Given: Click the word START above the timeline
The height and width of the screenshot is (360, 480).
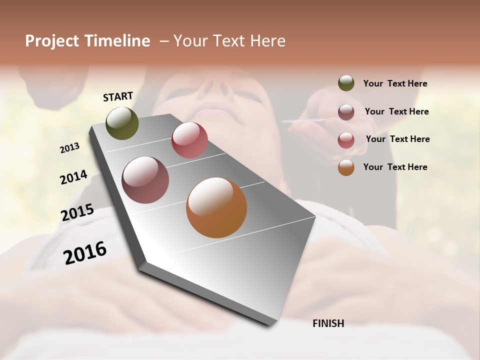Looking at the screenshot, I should [118, 96].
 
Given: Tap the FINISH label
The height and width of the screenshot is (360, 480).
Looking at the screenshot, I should [328, 323].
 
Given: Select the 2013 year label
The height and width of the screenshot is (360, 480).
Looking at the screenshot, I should [70, 148].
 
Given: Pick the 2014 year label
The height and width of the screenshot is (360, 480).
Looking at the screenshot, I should [73, 177].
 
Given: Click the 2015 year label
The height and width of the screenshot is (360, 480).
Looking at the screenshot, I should [77, 212].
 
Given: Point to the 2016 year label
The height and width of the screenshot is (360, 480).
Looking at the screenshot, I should [85, 253].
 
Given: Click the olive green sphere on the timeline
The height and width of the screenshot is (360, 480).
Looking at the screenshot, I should [122, 123].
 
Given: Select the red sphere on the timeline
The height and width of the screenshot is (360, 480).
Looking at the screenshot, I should [189, 140].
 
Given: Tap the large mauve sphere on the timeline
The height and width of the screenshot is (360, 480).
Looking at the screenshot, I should [145, 180].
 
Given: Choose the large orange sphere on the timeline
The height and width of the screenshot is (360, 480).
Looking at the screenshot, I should [216, 207].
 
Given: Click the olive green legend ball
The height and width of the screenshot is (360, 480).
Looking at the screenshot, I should [346, 83].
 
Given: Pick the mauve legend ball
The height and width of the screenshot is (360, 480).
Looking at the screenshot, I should [346, 112].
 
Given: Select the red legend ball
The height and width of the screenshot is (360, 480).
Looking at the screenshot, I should [346, 140].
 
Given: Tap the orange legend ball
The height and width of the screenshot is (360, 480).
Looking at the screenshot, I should [346, 167].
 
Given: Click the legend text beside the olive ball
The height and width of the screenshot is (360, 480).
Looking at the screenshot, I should [395, 83].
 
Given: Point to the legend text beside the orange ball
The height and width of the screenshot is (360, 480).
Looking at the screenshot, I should [395, 167].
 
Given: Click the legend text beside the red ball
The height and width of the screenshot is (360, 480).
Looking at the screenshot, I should [397, 139].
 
